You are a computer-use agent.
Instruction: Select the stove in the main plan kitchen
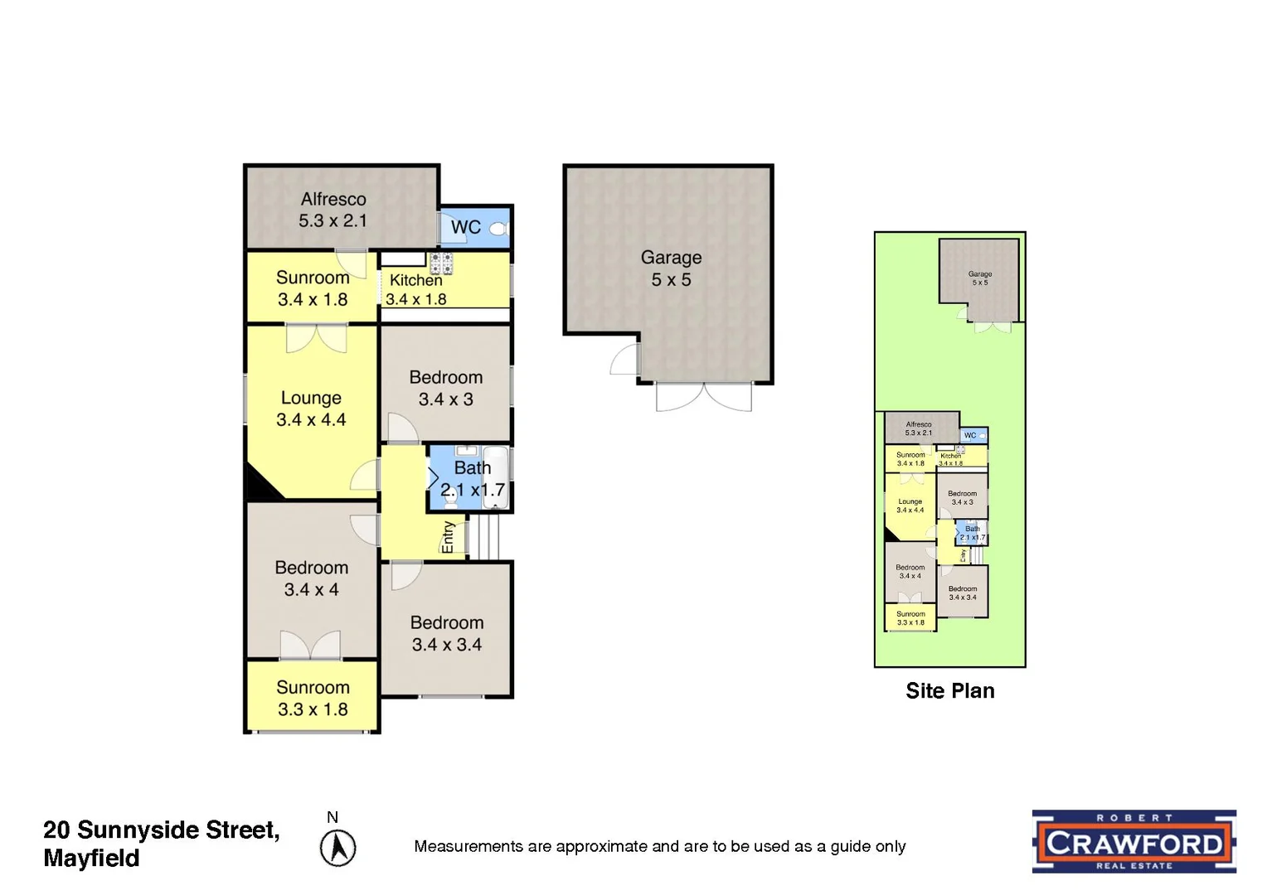(x=441, y=264)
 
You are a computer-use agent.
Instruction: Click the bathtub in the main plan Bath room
(x=495, y=477)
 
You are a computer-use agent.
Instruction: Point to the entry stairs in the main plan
(x=486, y=537)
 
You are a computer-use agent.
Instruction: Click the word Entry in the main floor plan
(x=449, y=537)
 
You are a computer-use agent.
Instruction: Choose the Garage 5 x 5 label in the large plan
(x=671, y=268)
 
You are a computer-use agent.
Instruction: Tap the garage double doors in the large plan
(x=703, y=396)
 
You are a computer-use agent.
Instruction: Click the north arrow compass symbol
(x=338, y=848)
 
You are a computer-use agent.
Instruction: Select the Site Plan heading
(x=949, y=691)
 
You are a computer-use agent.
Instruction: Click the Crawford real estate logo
(x=1134, y=841)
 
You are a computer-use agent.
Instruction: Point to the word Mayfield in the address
(x=91, y=859)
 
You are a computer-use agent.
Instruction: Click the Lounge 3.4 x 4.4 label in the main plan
(x=311, y=409)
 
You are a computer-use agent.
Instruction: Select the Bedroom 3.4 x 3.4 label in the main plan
(x=447, y=633)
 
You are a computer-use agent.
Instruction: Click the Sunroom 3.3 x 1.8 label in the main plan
(x=313, y=698)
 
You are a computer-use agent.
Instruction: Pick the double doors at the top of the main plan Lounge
(x=316, y=339)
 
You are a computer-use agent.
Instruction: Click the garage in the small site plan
(x=979, y=278)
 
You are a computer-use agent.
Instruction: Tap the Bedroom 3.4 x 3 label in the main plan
(x=446, y=388)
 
